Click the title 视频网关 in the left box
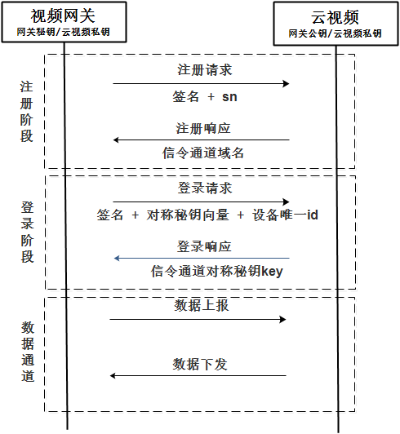pyautogui.click(x=63, y=15)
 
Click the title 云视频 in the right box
pyautogui.click(x=336, y=17)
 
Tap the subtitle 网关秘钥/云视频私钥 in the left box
pyautogui.click(x=63, y=32)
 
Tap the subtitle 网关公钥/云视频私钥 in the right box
pyautogui.click(x=335, y=33)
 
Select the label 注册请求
pyautogui.click(x=205, y=69)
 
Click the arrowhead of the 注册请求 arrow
pyautogui.click(x=286, y=83)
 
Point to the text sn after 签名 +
pyautogui.click(x=229, y=97)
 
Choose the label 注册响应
pyautogui.click(x=203, y=128)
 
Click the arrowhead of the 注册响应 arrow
pyautogui.click(x=117, y=139)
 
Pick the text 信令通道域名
pyautogui.click(x=203, y=153)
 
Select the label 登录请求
pyautogui.click(x=205, y=188)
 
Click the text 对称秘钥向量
pyautogui.click(x=188, y=215)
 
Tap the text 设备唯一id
pyautogui.click(x=285, y=215)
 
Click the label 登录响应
pyautogui.click(x=204, y=246)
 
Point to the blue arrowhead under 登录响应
pyautogui.click(x=118, y=259)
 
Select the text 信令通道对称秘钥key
pyautogui.click(x=217, y=271)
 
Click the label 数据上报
pyautogui.click(x=202, y=306)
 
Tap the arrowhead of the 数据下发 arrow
pyautogui.click(x=113, y=375)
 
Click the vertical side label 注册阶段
pyautogui.click(x=26, y=111)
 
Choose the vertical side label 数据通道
pyautogui.click(x=28, y=352)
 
